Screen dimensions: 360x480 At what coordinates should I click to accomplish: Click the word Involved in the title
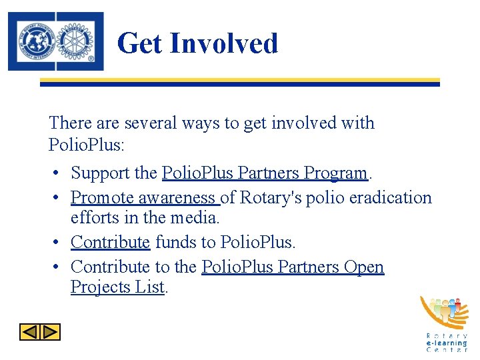[224, 44]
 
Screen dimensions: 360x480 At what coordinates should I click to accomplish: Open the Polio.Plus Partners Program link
[265, 173]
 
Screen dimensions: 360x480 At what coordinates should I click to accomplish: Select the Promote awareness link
[144, 198]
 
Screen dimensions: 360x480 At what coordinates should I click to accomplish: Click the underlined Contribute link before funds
[110, 242]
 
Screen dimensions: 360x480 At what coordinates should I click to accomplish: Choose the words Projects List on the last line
[117, 287]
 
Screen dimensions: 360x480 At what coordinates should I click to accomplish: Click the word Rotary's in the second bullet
[271, 198]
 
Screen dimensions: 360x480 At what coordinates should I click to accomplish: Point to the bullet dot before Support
[58, 173]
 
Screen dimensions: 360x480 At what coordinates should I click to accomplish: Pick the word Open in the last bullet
[364, 267]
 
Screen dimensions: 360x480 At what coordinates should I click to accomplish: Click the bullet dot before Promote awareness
[58, 198]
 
